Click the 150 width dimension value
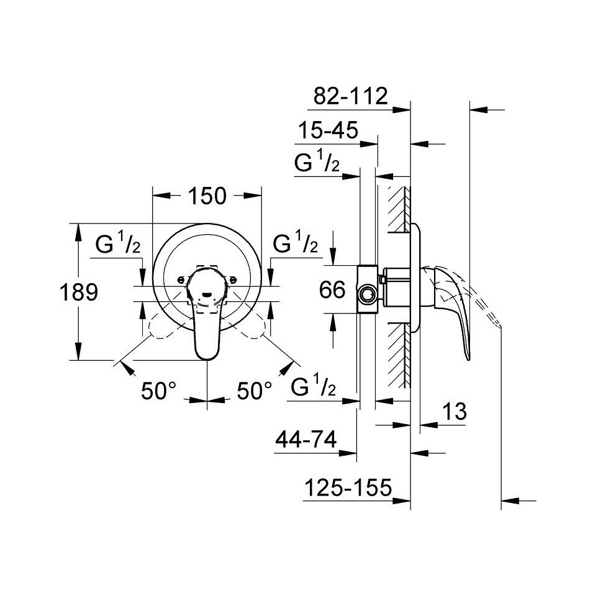coord(207,196)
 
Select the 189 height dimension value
coord(79,292)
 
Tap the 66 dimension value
coord(332,289)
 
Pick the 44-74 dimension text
coord(306,440)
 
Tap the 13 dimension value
coord(454,411)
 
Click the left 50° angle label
coord(158,391)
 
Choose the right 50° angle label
coord(255,391)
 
